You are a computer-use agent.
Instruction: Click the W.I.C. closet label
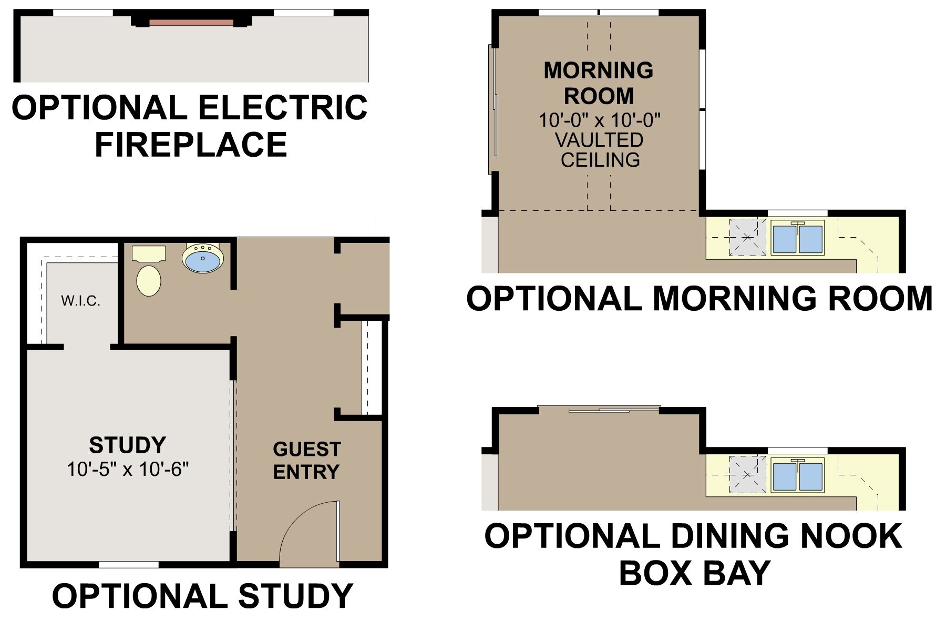coord(80,301)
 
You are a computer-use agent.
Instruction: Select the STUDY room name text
coord(127,445)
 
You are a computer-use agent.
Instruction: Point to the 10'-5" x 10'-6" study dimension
coord(128,469)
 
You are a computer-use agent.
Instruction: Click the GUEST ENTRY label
coord(307,461)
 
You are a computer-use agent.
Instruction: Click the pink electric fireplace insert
coord(191,23)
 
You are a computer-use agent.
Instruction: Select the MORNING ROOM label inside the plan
coord(599,83)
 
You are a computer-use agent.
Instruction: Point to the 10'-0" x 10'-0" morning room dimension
coord(599,120)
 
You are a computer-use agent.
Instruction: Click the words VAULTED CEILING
coord(600,150)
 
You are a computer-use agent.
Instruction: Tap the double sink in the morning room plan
coord(798,238)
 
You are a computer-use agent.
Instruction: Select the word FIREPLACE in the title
coord(191,145)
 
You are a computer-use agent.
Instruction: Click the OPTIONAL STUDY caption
coord(202,596)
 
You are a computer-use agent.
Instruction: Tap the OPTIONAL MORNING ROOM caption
coord(699,298)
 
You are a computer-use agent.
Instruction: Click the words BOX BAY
coord(695,573)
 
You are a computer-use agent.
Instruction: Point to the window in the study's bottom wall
coord(129,565)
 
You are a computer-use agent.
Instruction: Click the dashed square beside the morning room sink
coord(747,237)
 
